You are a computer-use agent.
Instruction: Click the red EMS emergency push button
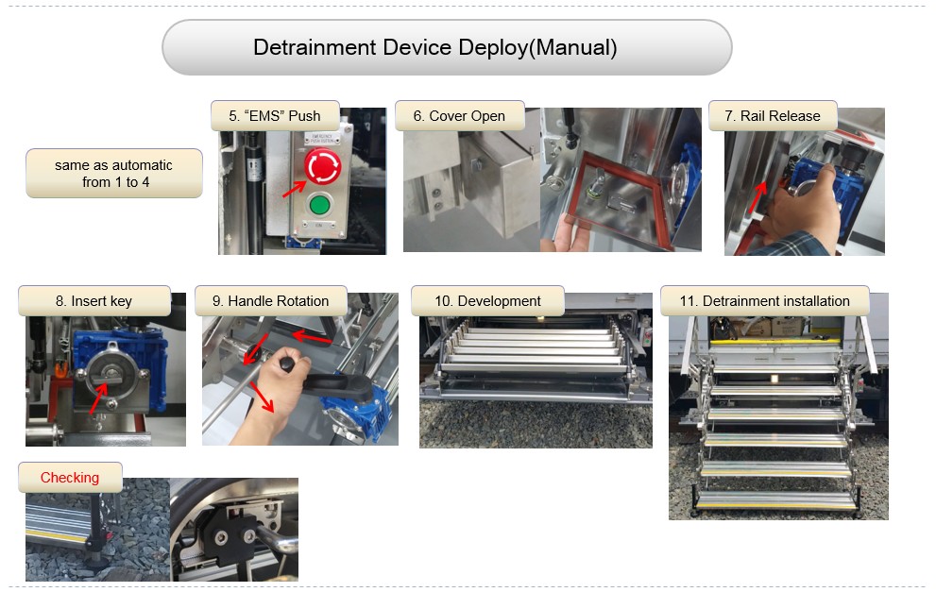(x=322, y=166)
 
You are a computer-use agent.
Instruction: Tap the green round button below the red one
(x=319, y=205)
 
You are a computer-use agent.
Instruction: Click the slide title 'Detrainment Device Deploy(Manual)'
(x=435, y=48)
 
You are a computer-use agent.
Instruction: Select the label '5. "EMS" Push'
(x=275, y=116)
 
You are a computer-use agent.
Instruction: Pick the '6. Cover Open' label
(x=459, y=116)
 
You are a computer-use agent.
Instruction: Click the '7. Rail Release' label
(x=773, y=116)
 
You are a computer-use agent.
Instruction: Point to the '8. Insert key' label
(x=94, y=301)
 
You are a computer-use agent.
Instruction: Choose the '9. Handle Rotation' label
(x=270, y=301)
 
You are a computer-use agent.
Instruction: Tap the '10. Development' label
(x=487, y=301)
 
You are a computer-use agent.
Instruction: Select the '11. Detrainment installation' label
(x=765, y=301)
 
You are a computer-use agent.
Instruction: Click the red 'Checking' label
(x=70, y=478)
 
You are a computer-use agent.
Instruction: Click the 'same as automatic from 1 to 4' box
(x=114, y=173)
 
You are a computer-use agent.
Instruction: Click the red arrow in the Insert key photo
(x=98, y=398)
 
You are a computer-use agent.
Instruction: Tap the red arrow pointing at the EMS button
(x=295, y=189)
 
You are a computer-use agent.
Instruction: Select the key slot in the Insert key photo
(x=111, y=374)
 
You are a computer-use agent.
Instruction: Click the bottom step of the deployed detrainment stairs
(x=776, y=500)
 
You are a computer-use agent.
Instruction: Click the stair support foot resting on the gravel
(x=94, y=556)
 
